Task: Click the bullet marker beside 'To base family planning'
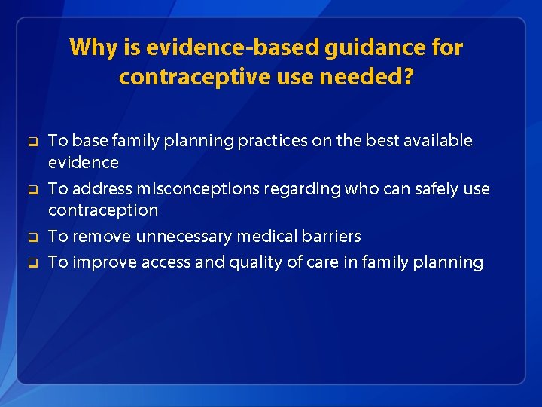pos(32,142)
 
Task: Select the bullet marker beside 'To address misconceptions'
pos(32,190)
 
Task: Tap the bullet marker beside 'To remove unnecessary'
pos(32,237)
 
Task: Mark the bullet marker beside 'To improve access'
pos(32,263)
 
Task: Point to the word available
pos(437,141)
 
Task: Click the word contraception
pos(103,210)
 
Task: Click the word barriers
pos(332,237)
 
